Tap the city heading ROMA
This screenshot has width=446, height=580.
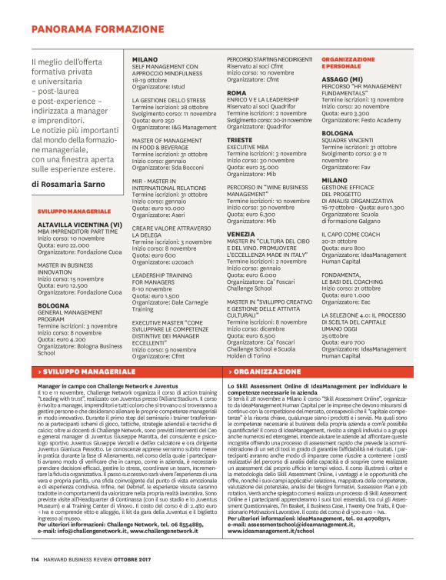[236, 92]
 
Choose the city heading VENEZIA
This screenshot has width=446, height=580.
[241, 232]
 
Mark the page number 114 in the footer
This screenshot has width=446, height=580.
[35, 569]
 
